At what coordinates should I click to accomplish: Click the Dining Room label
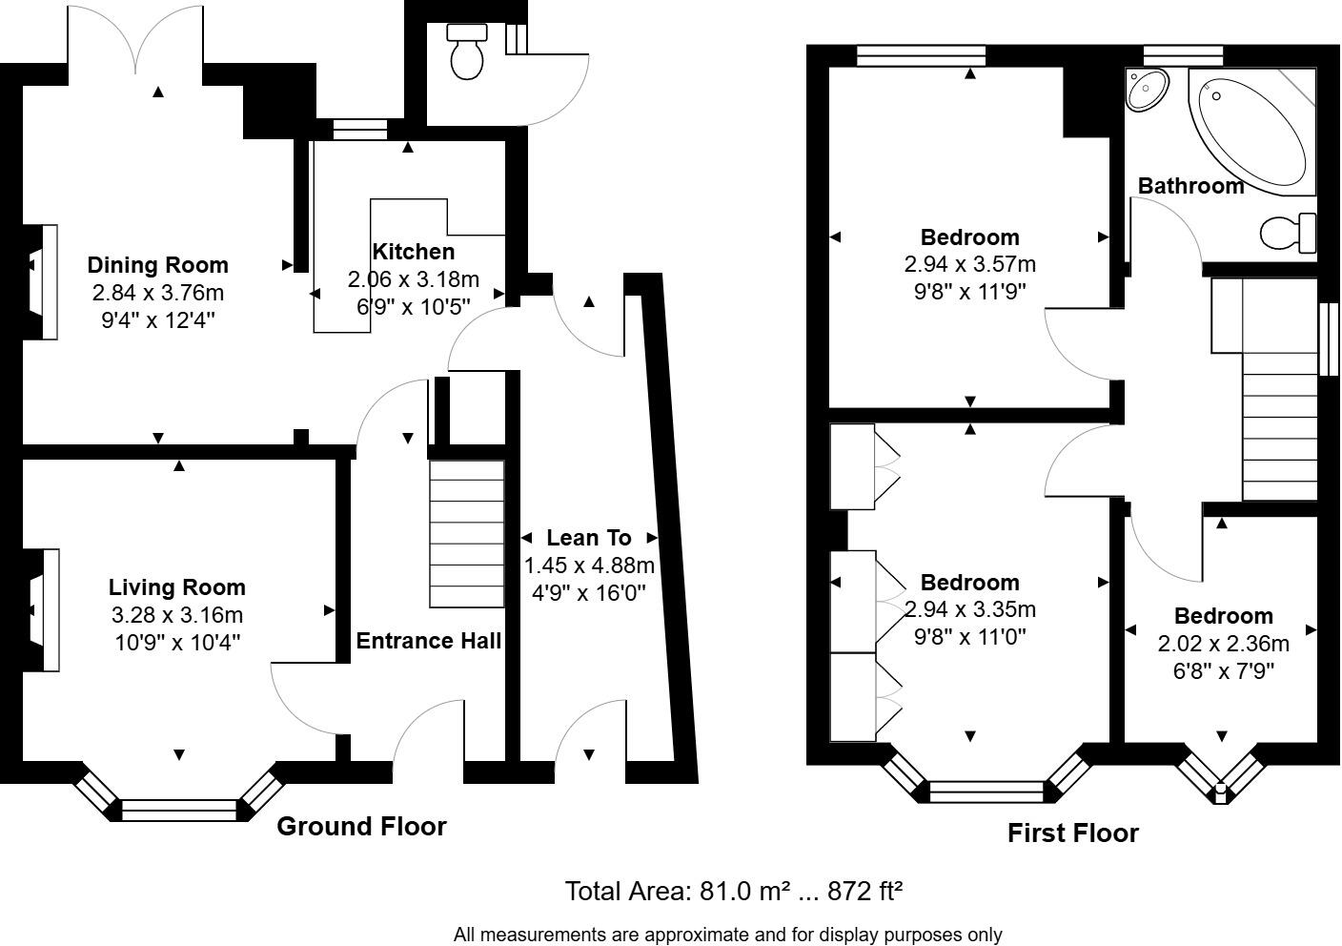tap(158, 265)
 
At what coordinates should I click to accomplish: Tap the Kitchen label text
tap(414, 252)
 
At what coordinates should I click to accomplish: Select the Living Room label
tap(177, 586)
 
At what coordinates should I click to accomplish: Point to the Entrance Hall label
tap(428, 641)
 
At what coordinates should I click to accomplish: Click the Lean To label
tap(589, 538)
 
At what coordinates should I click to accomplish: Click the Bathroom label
tap(1191, 186)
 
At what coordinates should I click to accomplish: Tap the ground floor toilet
tap(467, 52)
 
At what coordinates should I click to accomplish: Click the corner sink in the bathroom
tap(1147, 90)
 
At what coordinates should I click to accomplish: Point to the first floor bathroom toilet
tap(1288, 233)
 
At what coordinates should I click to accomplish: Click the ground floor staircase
tap(467, 533)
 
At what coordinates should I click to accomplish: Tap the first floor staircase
tap(1280, 426)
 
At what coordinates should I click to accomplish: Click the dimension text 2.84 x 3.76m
tap(158, 293)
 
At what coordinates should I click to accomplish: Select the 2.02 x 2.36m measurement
tap(1224, 644)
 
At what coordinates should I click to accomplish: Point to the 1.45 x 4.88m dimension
tap(590, 566)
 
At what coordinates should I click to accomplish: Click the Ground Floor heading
tap(362, 826)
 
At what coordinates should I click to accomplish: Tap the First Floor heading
tap(1073, 833)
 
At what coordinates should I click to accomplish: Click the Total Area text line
tap(733, 891)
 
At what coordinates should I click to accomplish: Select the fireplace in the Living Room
tap(41, 610)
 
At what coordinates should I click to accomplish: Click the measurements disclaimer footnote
tap(727, 934)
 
